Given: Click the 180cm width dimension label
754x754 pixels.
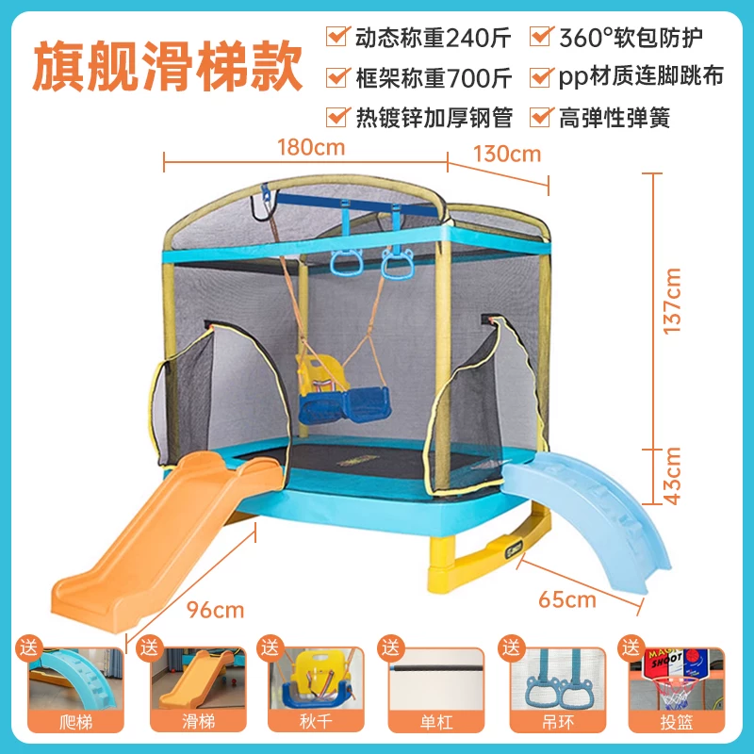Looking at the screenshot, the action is pyautogui.click(x=311, y=147).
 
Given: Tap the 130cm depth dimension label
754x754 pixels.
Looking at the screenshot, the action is pyautogui.click(x=507, y=154).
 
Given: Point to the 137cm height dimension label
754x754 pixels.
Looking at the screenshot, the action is pyautogui.click(x=672, y=301).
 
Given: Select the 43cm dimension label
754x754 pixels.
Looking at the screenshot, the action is pyautogui.click(x=672, y=476).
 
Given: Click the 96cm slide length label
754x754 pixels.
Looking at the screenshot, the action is pyautogui.click(x=216, y=610).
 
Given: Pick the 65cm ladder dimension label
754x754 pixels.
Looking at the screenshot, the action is pyautogui.click(x=567, y=599).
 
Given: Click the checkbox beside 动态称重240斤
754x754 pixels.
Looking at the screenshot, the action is pyautogui.click(x=336, y=36).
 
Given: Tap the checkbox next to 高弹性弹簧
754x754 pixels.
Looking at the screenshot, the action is pyautogui.click(x=540, y=117).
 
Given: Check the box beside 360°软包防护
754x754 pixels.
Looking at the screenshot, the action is pyautogui.click(x=540, y=36).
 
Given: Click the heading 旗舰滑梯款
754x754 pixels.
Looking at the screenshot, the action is pyautogui.click(x=167, y=65).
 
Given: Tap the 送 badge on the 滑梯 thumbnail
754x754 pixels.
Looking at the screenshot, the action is pyautogui.click(x=149, y=647).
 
